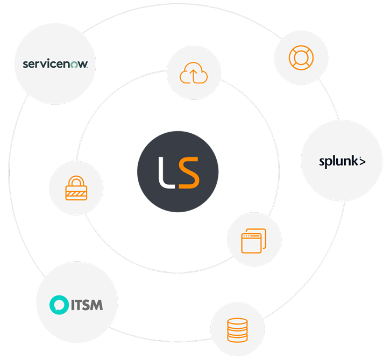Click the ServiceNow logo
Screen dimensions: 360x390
click(x=59, y=64)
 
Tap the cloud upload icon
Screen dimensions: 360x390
click(x=194, y=73)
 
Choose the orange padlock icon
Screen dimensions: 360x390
click(x=76, y=189)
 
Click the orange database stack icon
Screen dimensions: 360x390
click(x=237, y=330)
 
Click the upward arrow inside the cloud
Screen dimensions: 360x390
click(x=194, y=75)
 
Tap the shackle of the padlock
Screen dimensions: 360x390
click(x=76, y=181)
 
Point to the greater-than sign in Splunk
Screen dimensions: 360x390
click(x=362, y=161)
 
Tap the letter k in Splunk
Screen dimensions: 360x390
click(x=354, y=160)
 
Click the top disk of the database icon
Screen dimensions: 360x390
click(x=237, y=322)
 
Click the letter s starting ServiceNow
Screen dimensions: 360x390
click(x=25, y=65)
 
